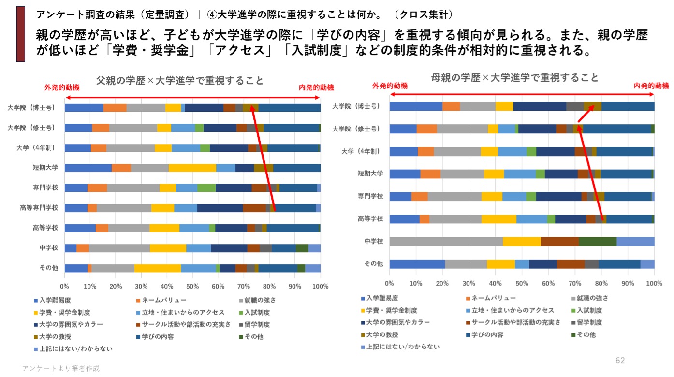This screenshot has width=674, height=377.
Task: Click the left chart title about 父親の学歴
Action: [x=180, y=81]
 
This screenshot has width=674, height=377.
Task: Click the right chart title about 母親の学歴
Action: [x=514, y=77]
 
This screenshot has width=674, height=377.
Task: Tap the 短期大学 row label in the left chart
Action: [x=46, y=168]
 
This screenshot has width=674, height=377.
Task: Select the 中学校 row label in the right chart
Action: [x=373, y=241]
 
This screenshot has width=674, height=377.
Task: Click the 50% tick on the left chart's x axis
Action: [x=192, y=286]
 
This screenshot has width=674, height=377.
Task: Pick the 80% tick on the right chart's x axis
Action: [x=601, y=283]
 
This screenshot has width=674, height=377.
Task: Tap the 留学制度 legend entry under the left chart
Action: [x=256, y=325]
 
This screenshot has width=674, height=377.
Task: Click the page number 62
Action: [x=620, y=361]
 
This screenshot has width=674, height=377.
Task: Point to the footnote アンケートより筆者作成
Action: [x=61, y=368]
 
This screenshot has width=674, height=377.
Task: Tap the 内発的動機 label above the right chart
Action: [x=651, y=86]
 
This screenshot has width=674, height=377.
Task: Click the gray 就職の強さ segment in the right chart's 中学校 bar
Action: [x=446, y=241]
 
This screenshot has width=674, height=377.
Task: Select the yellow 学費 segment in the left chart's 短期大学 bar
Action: [x=192, y=168]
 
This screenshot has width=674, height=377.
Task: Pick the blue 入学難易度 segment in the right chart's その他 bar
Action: [x=417, y=264]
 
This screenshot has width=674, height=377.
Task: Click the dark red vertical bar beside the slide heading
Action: [x=20, y=34]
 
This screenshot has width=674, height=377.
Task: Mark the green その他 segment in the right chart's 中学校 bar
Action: [x=597, y=241]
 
